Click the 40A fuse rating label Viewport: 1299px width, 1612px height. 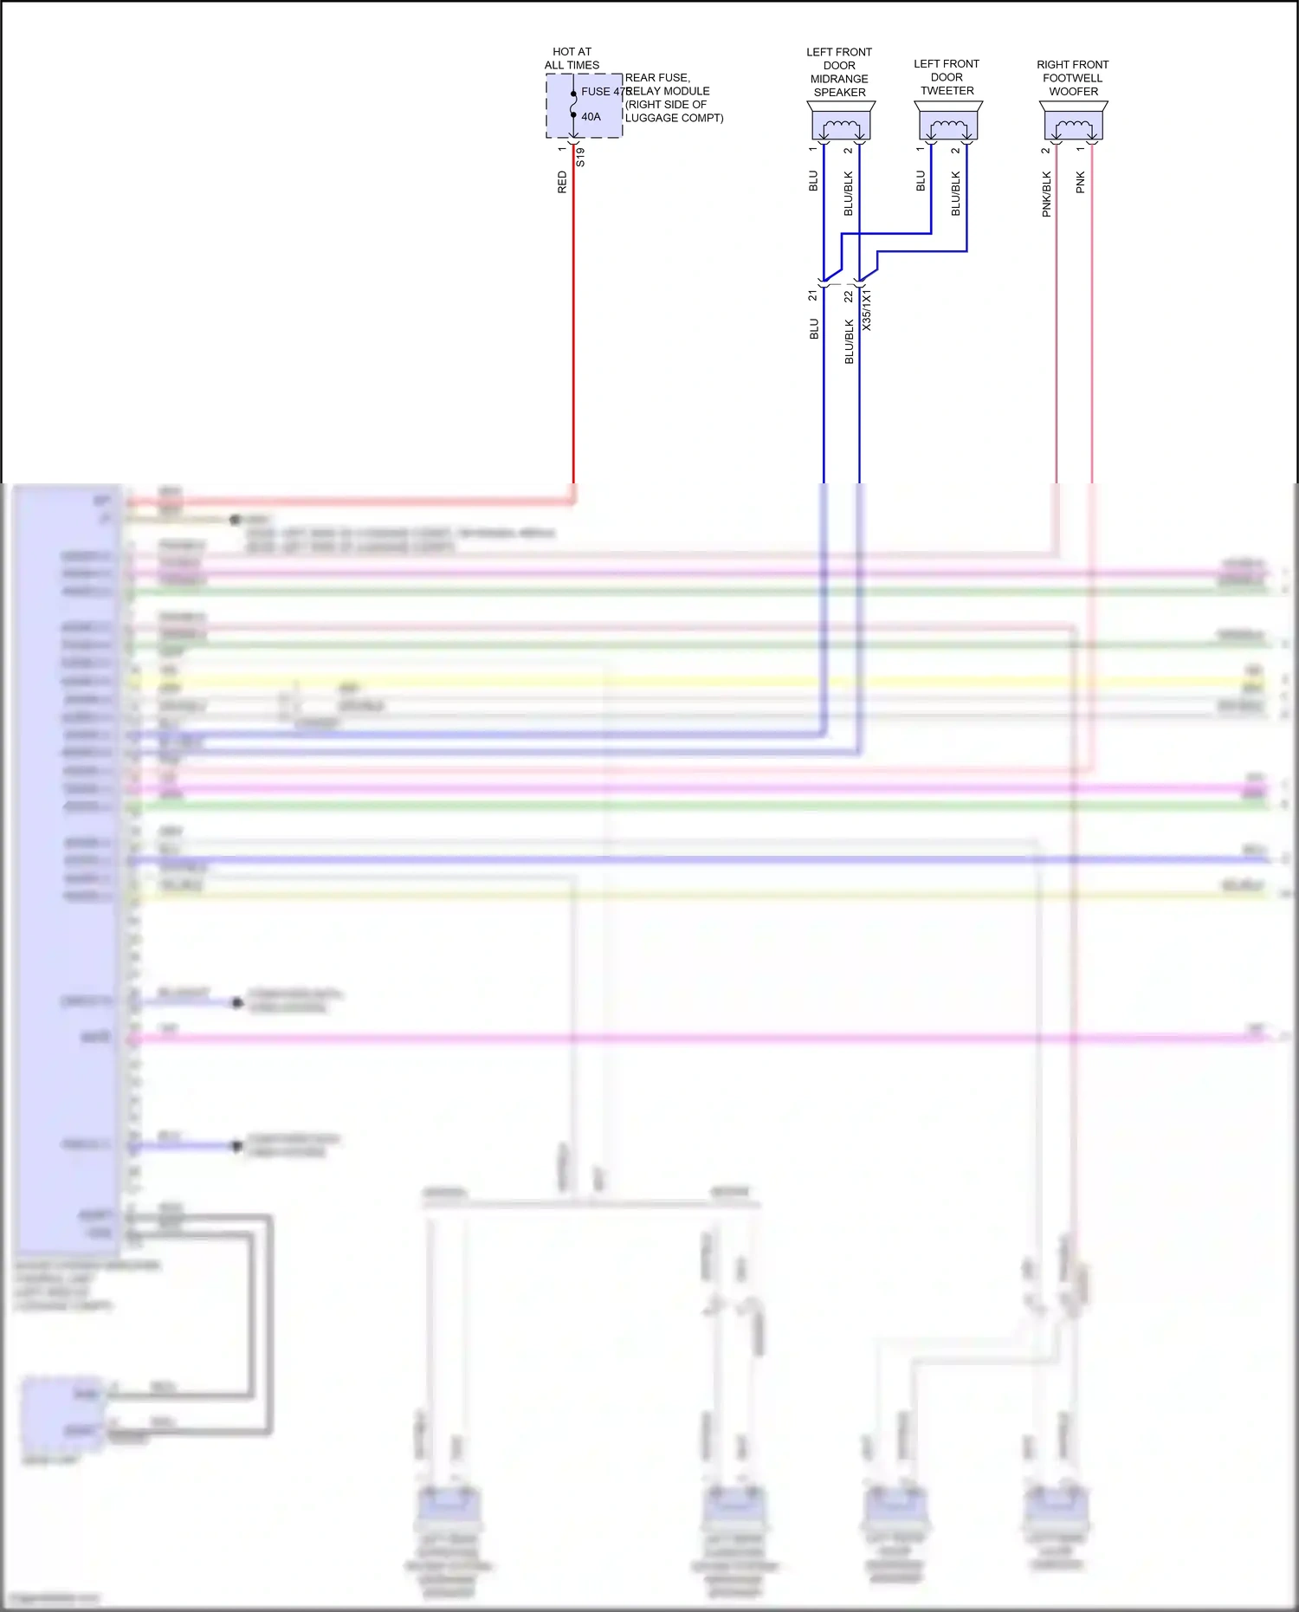pyautogui.click(x=591, y=117)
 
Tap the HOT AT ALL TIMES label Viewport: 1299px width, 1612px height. pyautogui.click(x=572, y=59)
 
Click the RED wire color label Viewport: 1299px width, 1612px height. pyautogui.click(x=562, y=182)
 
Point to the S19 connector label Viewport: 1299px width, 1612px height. pyautogui.click(x=580, y=158)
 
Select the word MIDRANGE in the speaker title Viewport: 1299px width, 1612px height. pyautogui.click(x=839, y=79)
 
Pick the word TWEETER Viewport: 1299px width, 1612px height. pyautogui.click(x=947, y=91)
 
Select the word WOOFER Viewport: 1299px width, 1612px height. pyautogui.click(x=1073, y=92)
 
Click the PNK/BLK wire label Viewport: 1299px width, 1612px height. pyautogui.click(x=1046, y=193)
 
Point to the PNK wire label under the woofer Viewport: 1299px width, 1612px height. pyautogui.click(x=1081, y=182)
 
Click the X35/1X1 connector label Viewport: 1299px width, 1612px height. pyautogui.click(x=867, y=310)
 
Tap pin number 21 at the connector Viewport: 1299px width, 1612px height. pyautogui.click(x=812, y=296)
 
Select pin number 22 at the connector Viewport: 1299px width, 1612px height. pyautogui.click(x=849, y=296)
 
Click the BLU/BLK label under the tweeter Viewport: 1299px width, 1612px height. pyautogui.click(x=956, y=193)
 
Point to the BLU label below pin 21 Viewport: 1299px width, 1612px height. pyautogui.click(x=814, y=329)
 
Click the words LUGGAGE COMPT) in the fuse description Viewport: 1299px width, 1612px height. pyautogui.click(x=674, y=118)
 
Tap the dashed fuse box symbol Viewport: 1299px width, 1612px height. pyautogui.click(x=584, y=106)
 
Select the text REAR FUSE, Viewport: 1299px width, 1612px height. pyautogui.click(x=657, y=78)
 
